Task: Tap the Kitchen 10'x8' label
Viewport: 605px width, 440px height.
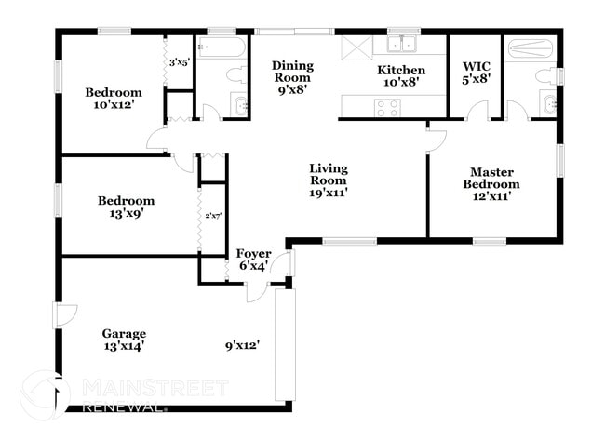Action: pos(400,75)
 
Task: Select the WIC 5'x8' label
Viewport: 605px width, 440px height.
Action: pos(477,73)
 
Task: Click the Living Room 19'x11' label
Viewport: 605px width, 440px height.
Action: pos(329,180)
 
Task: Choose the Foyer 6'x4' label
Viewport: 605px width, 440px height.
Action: pos(253,259)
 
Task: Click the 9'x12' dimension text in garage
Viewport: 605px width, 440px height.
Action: pos(241,345)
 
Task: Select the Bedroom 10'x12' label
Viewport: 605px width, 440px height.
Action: pos(114,99)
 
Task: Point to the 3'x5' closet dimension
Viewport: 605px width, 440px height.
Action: pos(179,63)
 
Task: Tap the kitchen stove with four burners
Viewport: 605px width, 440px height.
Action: pos(386,107)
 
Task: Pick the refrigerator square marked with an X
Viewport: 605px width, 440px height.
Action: pos(356,48)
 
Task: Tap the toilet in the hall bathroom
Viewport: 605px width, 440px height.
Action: pos(238,74)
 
